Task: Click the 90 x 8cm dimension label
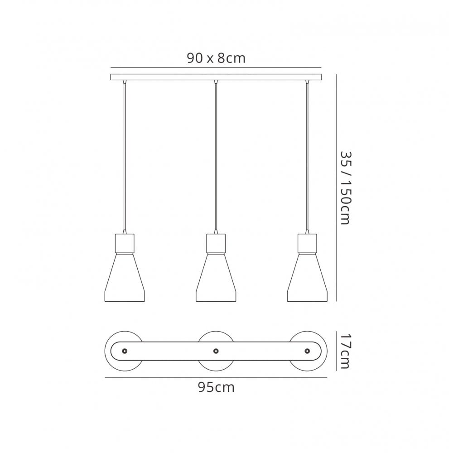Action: [x=216, y=58]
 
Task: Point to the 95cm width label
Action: [x=216, y=387]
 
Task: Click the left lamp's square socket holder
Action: [x=125, y=243]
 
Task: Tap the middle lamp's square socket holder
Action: [x=216, y=243]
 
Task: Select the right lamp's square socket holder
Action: [x=307, y=243]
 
